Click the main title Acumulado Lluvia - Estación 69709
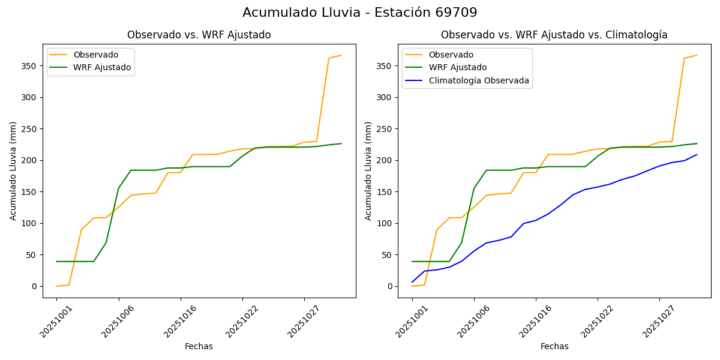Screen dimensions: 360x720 (x=360, y=13)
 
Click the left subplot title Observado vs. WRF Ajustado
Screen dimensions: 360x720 (x=199, y=35)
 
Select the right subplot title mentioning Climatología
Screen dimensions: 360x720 (x=554, y=35)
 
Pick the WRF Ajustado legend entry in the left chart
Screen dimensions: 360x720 (x=102, y=67)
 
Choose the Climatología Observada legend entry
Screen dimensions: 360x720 (x=479, y=80)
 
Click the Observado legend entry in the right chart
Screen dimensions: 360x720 (x=451, y=55)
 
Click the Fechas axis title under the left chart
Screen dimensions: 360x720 (x=199, y=346)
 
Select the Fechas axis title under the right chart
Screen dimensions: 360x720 (x=554, y=346)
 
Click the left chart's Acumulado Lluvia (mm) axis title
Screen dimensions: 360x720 (x=13, y=170)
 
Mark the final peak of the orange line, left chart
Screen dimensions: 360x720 (x=341, y=55)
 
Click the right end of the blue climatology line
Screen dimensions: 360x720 (x=697, y=155)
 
